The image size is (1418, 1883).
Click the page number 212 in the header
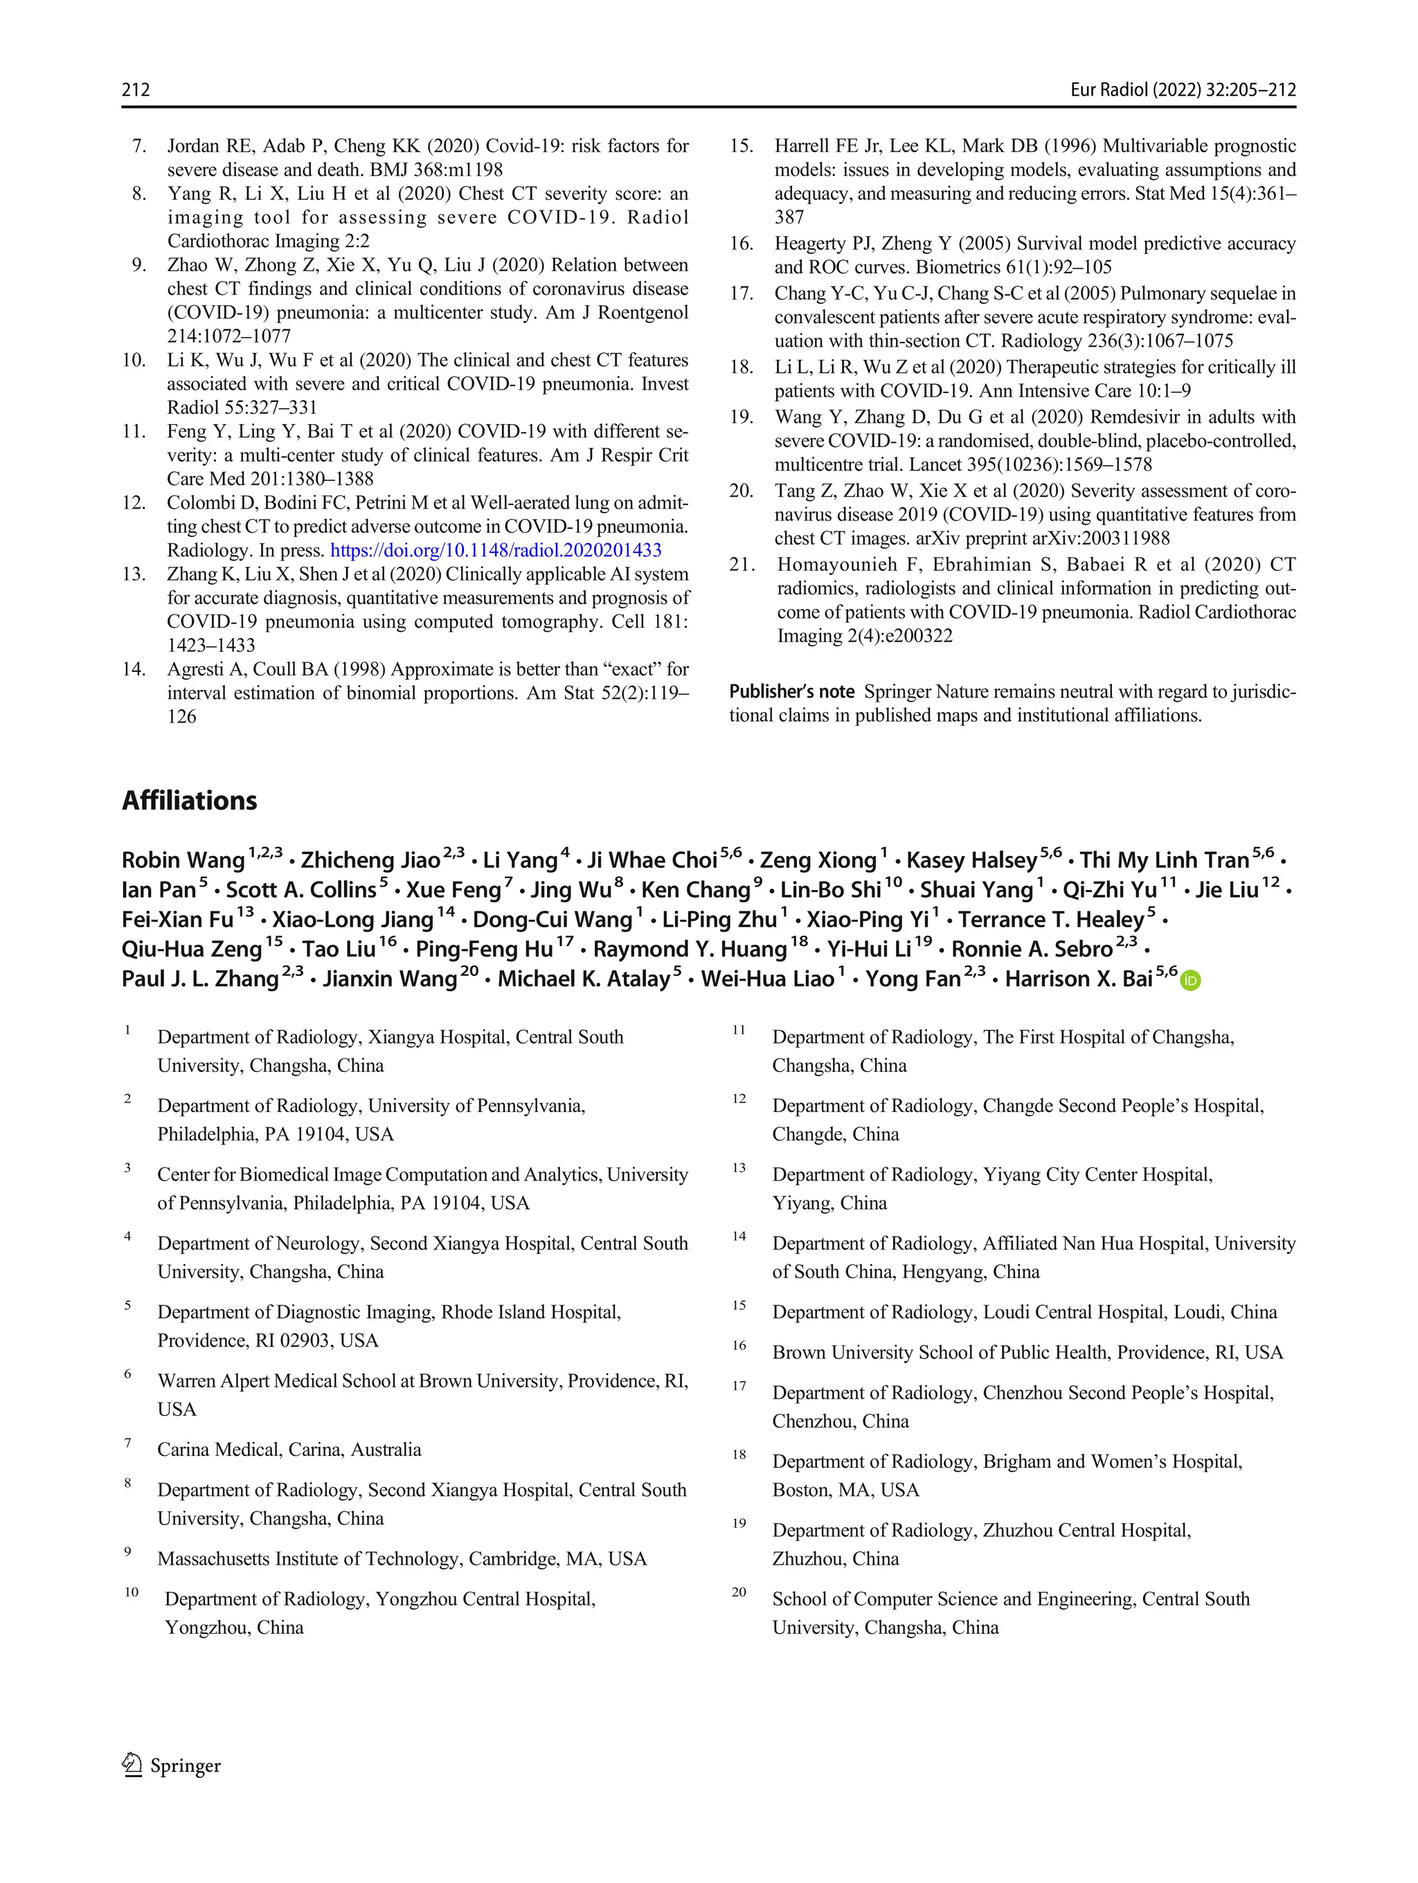pos(136,89)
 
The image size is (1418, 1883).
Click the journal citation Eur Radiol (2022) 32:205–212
pos(1182,89)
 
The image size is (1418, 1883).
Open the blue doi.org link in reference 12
pos(496,550)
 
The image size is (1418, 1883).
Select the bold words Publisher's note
pos(791,691)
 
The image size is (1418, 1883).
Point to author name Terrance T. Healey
pos(1051,920)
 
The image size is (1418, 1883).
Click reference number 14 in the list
pos(134,669)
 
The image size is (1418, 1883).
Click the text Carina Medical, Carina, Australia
pos(289,1449)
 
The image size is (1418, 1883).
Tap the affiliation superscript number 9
pos(128,1551)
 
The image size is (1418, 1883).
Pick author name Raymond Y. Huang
pos(690,949)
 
